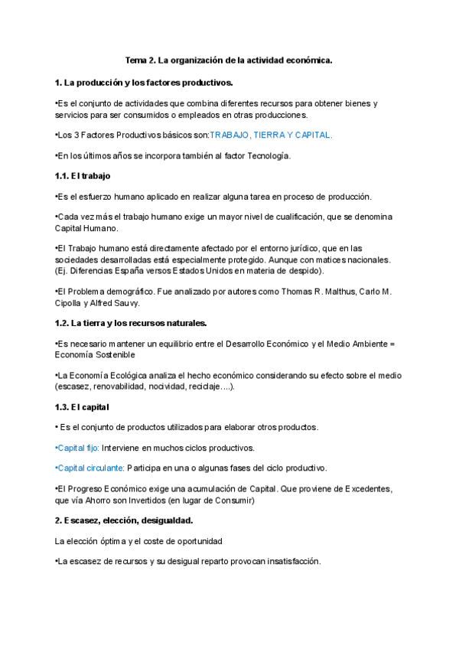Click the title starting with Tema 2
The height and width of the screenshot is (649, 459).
pos(229,60)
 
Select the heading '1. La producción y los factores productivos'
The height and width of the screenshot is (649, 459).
pos(144,82)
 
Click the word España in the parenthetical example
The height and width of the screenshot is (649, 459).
pos(149,270)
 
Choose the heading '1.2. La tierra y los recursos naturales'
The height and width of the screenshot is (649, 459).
pos(131,323)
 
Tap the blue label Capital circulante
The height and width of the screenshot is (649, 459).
pos(90,468)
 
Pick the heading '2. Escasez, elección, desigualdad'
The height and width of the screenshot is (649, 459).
pos(119,520)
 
